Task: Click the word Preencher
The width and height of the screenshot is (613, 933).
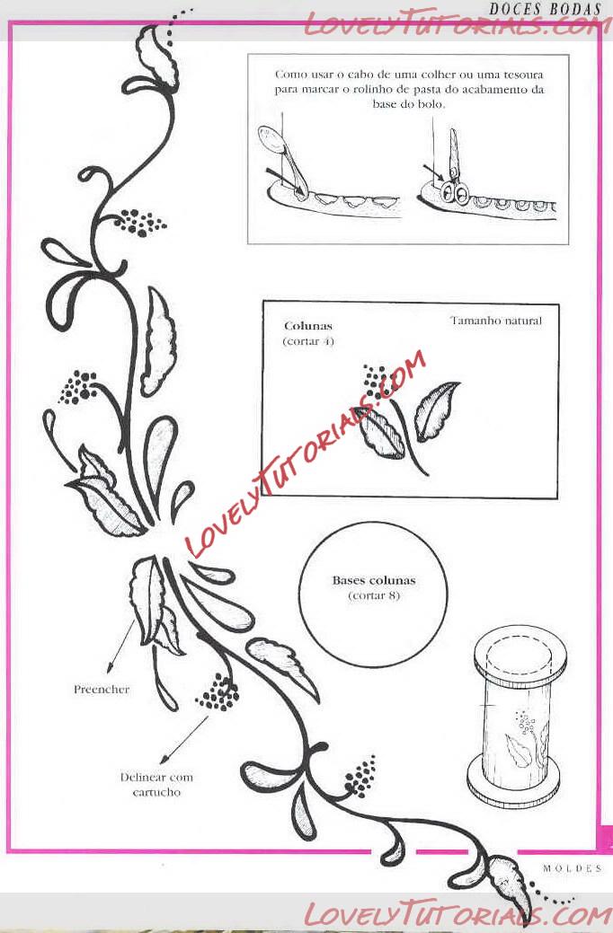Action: click(x=102, y=690)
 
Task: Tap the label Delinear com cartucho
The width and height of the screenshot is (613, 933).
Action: click(x=156, y=784)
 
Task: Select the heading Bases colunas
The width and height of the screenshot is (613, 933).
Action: click(x=374, y=580)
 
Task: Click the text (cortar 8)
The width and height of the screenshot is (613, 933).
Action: click(x=374, y=595)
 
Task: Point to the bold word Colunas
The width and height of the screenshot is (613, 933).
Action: click(x=308, y=326)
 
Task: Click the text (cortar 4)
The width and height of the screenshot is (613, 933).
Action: click(x=308, y=341)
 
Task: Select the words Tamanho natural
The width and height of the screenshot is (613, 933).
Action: click(x=496, y=321)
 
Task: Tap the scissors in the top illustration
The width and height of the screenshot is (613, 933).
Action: click(x=454, y=170)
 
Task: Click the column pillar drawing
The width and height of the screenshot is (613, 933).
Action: click(x=516, y=719)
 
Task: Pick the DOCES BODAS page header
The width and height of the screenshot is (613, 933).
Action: click(x=545, y=9)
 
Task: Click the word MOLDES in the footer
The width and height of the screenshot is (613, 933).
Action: click(x=572, y=868)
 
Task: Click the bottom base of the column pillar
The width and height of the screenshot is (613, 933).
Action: click(x=513, y=784)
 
